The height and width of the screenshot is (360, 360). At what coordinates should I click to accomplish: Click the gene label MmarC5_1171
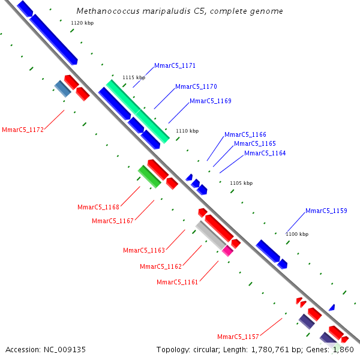(x=175, y=65)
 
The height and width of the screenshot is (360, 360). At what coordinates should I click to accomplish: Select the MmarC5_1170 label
(x=196, y=86)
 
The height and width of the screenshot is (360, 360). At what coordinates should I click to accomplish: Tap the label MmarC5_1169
(x=211, y=101)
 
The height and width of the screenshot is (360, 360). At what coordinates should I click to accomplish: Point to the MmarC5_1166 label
(x=245, y=134)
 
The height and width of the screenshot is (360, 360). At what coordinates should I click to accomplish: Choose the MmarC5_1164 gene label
(x=265, y=153)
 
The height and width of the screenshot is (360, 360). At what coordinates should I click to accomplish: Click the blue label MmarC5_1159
(x=326, y=211)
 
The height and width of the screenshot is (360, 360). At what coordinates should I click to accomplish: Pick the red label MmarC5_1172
(x=23, y=130)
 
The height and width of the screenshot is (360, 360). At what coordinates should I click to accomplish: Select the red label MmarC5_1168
(x=98, y=207)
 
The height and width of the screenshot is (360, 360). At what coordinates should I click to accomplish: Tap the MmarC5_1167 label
(x=113, y=221)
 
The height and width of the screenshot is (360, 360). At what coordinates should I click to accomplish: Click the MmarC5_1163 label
(x=144, y=250)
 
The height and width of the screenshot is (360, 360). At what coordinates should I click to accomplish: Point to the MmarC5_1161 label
(x=178, y=282)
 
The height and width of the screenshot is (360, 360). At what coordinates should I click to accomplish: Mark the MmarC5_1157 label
(x=238, y=337)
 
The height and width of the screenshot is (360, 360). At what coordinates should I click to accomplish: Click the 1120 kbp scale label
(x=82, y=23)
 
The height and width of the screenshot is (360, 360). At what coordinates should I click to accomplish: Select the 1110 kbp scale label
(x=187, y=131)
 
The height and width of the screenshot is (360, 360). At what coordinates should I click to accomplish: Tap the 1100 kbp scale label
(x=297, y=234)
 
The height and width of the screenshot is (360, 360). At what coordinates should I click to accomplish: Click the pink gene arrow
(x=227, y=251)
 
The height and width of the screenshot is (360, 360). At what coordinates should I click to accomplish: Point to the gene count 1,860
(x=344, y=349)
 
